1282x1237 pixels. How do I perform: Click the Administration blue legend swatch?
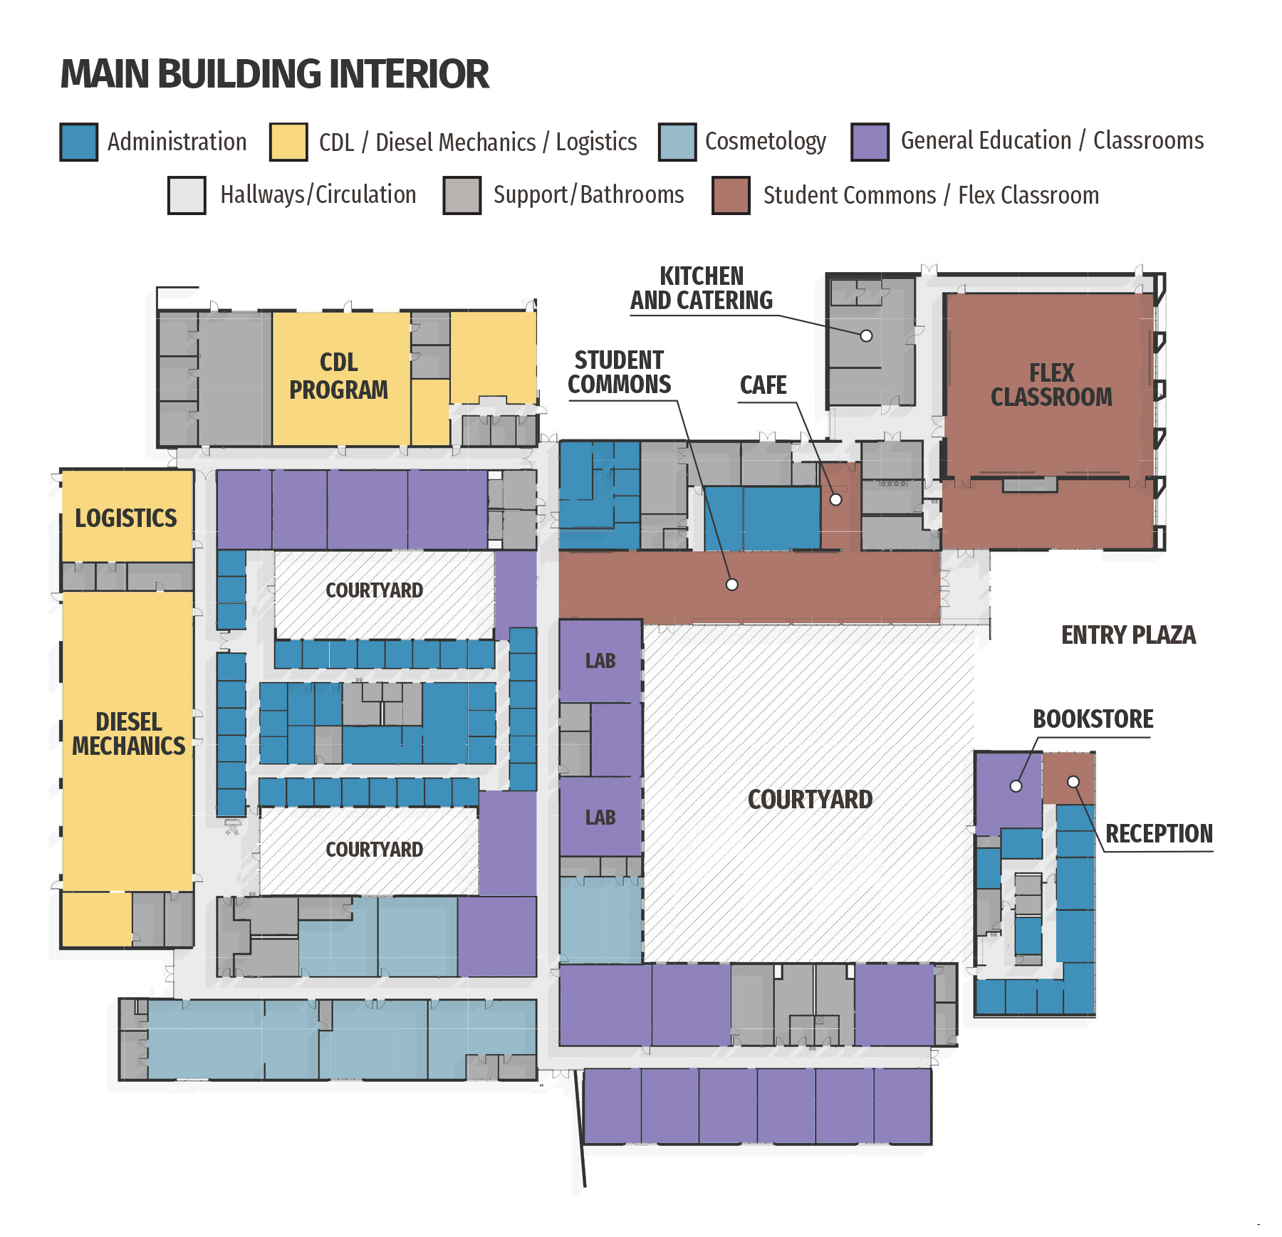click(x=78, y=142)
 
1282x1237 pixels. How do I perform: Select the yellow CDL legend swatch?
click(x=288, y=142)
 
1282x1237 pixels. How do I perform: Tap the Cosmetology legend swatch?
click(x=677, y=142)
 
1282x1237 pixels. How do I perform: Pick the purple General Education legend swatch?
click(x=870, y=142)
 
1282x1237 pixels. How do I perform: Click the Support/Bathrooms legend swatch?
click(x=462, y=196)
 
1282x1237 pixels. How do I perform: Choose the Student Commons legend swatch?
click(x=731, y=196)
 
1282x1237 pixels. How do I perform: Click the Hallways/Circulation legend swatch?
click(x=187, y=196)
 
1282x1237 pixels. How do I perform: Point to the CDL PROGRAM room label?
click(x=339, y=376)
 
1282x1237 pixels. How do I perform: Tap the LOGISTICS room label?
click(x=126, y=518)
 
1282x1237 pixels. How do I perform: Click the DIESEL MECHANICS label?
click(x=129, y=734)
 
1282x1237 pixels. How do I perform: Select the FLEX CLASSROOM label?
click(x=1051, y=385)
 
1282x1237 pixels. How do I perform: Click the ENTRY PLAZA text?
click(x=1128, y=635)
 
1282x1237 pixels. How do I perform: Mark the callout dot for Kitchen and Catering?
click(x=866, y=335)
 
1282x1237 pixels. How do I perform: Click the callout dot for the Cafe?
click(x=836, y=500)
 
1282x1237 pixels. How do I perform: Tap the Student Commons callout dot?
click(x=732, y=585)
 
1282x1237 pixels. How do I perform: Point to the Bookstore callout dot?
click(x=1016, y=786)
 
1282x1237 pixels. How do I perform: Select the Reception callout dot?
click(x=1073, y=782)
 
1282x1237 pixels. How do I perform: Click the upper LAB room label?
click(x=600, y=661)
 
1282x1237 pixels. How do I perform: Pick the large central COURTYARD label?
click(x=810, y=800)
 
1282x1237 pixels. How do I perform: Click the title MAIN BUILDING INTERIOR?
click(x=275, y=74)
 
